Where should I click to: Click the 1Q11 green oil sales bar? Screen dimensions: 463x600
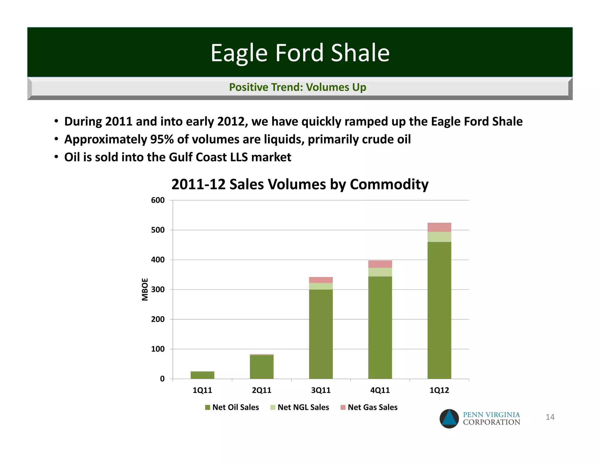202,375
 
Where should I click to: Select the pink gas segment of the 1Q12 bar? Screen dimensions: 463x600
439,227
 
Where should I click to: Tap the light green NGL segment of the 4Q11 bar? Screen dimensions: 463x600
380,272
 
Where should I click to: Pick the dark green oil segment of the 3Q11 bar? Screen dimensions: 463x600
321,334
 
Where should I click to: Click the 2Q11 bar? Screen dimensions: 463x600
262,367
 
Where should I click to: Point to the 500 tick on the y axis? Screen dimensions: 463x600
158,230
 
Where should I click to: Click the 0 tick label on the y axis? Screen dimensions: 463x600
162,379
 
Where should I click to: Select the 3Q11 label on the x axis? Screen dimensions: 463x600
321,390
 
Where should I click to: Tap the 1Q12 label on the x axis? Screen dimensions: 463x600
439,390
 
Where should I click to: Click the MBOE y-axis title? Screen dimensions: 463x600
145,289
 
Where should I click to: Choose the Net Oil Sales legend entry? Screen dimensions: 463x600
232,407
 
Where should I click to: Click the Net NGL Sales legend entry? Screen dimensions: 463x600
300,407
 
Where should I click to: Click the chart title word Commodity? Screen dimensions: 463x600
389,185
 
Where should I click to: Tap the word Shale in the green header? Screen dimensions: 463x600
360,53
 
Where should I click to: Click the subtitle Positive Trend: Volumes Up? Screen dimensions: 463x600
297,87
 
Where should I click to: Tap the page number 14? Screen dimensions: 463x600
550,417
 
